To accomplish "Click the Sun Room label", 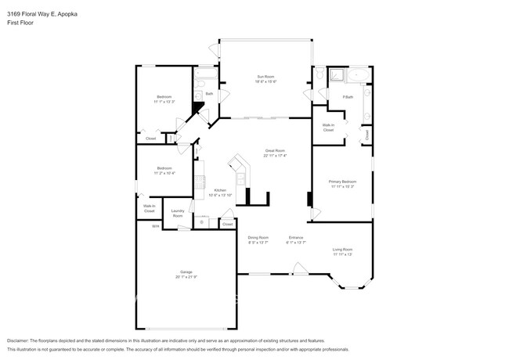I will point(266,77).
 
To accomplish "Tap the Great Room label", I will point(275,150).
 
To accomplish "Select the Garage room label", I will point(186,272).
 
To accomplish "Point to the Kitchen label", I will point(221,190).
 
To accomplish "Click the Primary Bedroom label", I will point(342,181).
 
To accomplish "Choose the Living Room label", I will point(342,249).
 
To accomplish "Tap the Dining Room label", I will point(258,237).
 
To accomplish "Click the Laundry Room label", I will point(178,212).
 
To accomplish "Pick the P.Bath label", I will point(348,96).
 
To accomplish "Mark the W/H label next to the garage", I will point(155,226).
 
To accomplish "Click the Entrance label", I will point(296,237).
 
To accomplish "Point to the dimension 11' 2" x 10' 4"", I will point(164,172).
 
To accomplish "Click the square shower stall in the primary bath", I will point(336,75).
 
